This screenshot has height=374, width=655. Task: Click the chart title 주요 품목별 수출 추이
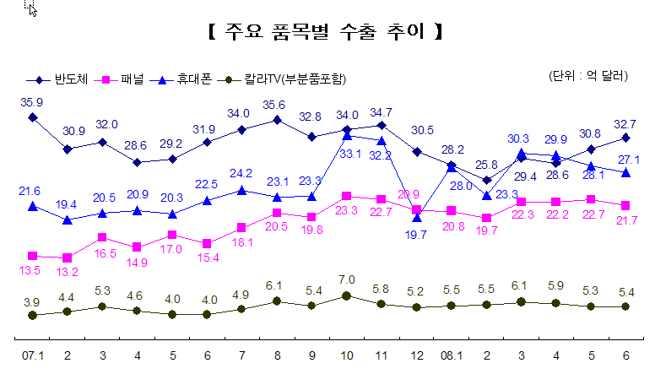pos(326,33)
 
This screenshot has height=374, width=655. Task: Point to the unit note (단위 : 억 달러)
pos(588,76)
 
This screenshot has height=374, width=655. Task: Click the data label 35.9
pos(32,102)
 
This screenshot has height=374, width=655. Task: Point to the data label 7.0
pos(346,279)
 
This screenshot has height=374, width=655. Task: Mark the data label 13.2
pos(68,272)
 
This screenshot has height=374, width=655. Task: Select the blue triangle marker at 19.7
pos(417,218)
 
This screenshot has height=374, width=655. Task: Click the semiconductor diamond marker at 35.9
pos(32,117)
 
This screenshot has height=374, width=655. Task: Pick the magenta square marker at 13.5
pos(32,255)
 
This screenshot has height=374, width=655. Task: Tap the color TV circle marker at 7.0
pos(346,295)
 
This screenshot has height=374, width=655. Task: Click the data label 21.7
pos(625,220)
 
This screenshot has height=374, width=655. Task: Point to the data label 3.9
pos(31,301)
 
